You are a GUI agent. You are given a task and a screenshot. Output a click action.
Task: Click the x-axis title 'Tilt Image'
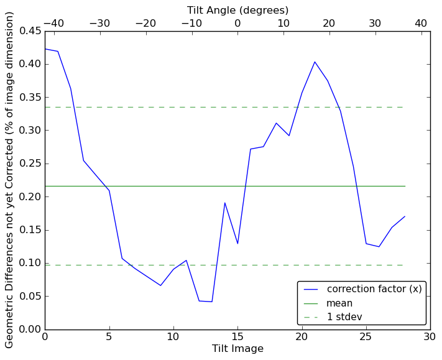(x=237, y=349)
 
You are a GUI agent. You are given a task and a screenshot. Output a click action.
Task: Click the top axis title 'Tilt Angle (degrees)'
(x=237, y=11)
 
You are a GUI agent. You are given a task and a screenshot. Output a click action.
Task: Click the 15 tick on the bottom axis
(x=237, y=337)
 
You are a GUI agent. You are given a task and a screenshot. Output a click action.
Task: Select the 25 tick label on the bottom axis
(x=366, y=337)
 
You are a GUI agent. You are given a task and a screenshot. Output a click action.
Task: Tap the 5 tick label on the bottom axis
(x=109, y=337)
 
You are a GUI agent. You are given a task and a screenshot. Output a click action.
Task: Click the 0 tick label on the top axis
(x=237, y=23)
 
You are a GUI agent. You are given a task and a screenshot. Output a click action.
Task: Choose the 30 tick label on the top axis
(x=375, y=23)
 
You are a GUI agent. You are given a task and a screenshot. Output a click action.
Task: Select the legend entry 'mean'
(x=339, y=303)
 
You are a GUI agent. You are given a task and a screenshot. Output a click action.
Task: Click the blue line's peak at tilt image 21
(x=315, y=62)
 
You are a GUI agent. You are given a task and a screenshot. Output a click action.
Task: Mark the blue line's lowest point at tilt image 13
(x=212, y=302)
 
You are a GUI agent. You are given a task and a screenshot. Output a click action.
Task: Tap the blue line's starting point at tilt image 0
(x=45, y=48)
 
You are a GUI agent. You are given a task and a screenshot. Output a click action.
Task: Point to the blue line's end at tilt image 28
(x=405, y=216)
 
